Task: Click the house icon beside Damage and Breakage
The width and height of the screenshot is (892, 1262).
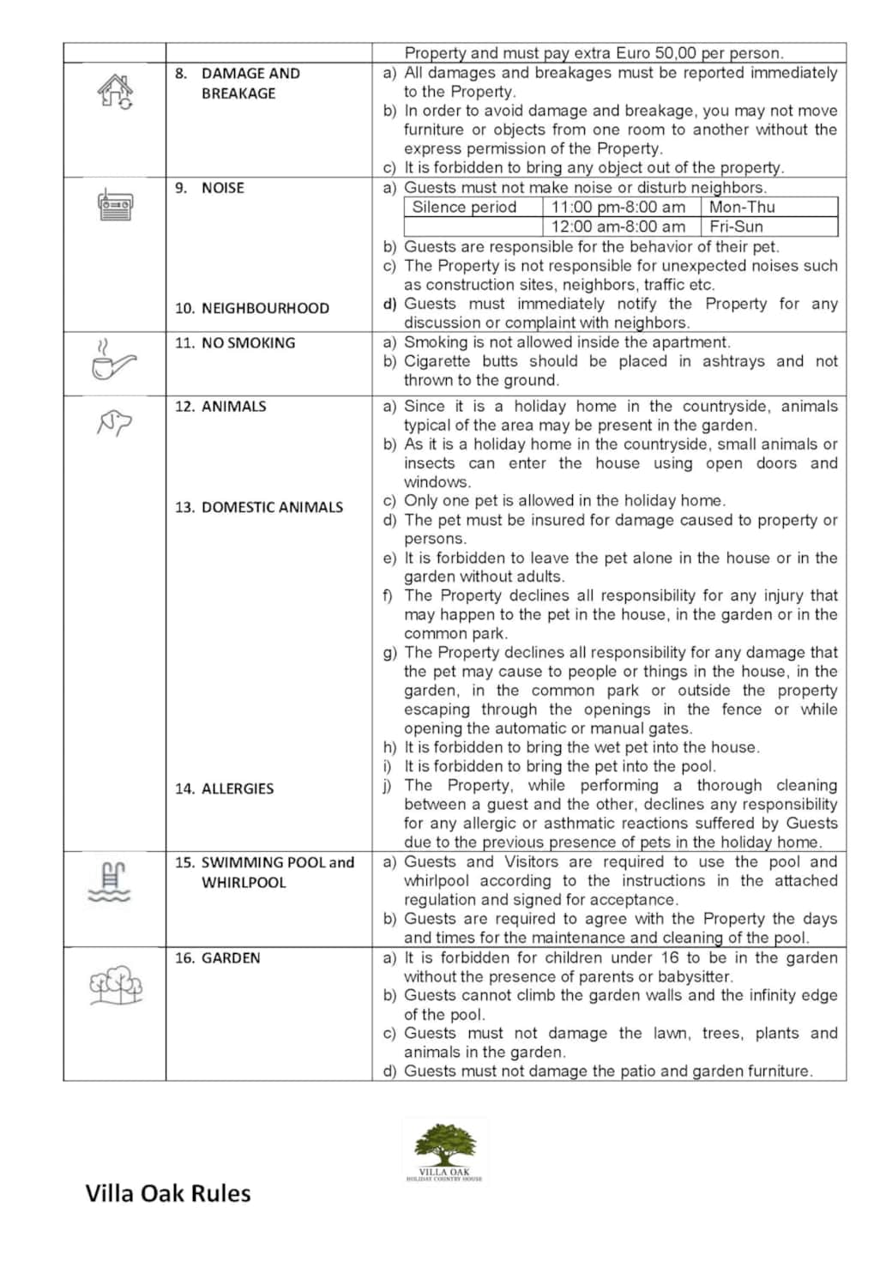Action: tap(115, 91)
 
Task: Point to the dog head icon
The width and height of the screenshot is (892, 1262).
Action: tap(114, 422)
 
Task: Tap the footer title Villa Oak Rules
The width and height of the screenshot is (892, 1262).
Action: tap(168, 1193)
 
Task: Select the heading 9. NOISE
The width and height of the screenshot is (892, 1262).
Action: tap(210, 188)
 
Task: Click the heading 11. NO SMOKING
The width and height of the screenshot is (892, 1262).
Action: tap(235, 342)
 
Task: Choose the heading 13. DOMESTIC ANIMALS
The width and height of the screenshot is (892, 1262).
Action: tap(259, 507)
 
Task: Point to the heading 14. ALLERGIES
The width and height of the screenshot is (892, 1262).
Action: tap(225, 788)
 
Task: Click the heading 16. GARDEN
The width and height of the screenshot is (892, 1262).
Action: tap(218, 957)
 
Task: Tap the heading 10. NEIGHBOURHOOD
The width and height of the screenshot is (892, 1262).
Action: tap(252, 308)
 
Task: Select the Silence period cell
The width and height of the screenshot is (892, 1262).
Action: tap(464, 207)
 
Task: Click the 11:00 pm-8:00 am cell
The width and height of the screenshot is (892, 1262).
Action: tap(618, 207)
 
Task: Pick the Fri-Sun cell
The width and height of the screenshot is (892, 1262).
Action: tap(736, 226)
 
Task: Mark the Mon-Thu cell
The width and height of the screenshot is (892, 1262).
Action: tap(742, 207)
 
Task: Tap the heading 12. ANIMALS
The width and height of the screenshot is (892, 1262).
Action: tap(220, 406)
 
